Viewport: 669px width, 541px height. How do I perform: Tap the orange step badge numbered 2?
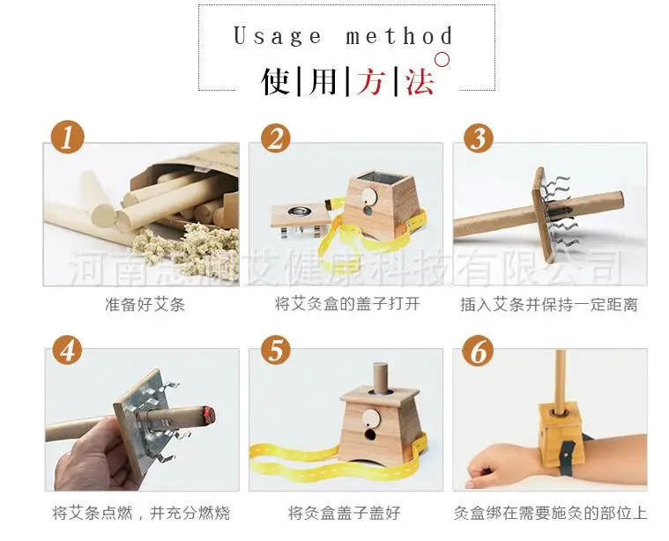(276, 137)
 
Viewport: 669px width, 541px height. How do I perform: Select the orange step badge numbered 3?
(479, 137)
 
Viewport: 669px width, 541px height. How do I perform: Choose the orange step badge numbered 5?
(276, 351)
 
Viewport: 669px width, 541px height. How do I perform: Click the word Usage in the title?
(278, 36)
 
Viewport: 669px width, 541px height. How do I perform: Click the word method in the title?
(399, 36)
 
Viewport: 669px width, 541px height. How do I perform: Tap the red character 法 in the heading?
(420, 81)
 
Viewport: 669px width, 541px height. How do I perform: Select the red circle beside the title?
(444, 61)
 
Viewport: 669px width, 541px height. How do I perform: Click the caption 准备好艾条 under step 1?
(145, 306)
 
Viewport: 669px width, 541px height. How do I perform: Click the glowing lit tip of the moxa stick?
(205, 411)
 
